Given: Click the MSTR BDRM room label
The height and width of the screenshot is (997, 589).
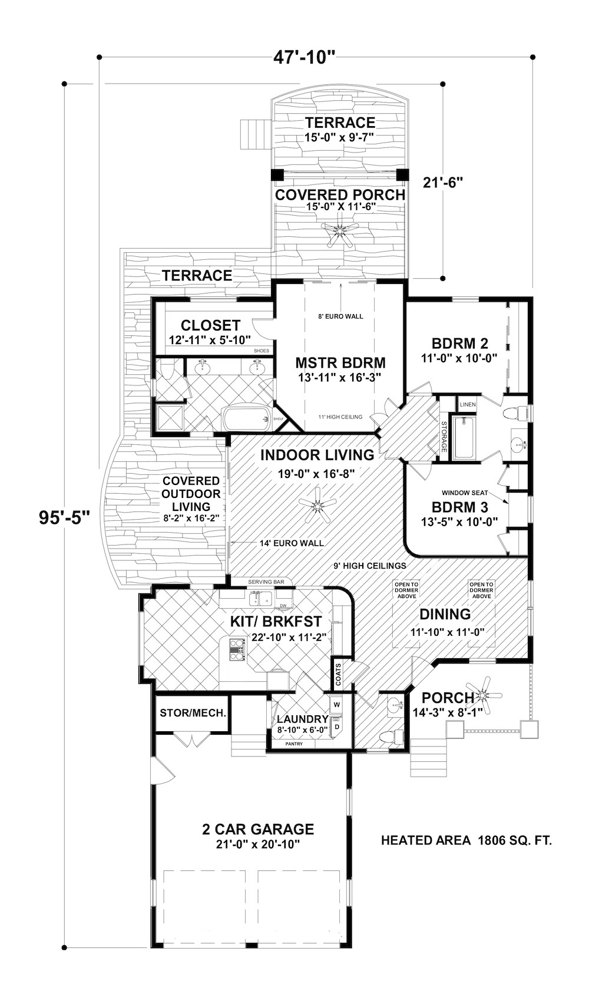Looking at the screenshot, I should point(340,362).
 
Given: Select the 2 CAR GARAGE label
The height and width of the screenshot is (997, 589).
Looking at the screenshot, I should point(258,829).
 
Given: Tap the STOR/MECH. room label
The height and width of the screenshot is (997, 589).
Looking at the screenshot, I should point(193,712).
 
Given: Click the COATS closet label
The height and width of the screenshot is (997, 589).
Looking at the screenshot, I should point(338,674).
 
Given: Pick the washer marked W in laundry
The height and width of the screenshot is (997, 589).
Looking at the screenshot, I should point(337,704).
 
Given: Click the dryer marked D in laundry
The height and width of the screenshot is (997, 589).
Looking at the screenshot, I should point(337,727).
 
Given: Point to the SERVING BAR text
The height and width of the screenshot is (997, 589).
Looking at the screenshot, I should point(266,582).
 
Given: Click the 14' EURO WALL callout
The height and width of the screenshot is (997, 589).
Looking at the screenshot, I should point(292,543).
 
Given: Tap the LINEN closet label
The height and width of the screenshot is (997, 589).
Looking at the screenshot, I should point(468,405).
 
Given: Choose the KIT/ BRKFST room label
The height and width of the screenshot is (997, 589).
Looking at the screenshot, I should point(276,621).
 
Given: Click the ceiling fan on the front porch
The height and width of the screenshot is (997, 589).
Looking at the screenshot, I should point(485,695).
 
